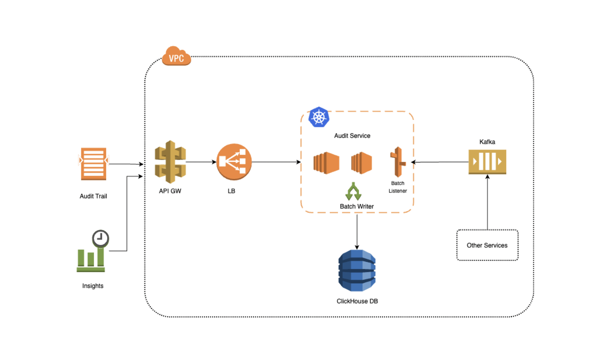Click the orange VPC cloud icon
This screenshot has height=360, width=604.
[176, 56]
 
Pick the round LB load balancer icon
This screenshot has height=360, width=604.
[233, 162]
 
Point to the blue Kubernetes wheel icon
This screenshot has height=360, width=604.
[319, 117]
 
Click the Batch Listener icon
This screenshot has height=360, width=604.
[398, 162]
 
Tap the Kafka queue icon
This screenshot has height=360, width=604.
[487, 162]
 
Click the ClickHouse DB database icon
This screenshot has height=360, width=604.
[357, 270]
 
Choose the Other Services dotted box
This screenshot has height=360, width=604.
[487, 245]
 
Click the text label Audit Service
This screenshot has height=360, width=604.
[352, 136]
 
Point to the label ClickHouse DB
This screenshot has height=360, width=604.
[357, 301]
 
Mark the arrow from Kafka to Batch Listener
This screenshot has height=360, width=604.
[440, 162]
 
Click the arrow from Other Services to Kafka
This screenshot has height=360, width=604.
[487, 201]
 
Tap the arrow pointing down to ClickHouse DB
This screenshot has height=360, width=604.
[357, 231]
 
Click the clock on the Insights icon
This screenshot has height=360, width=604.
[100, 238]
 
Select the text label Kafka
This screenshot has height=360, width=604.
[487, 141]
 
